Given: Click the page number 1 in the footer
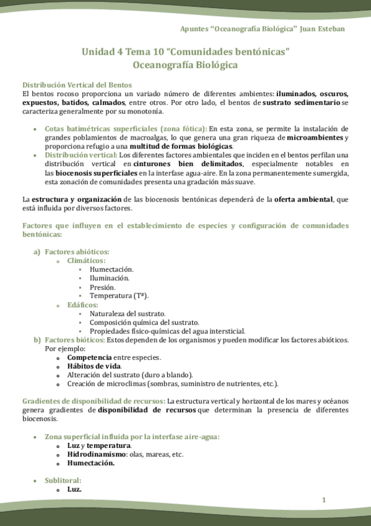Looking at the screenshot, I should tap(323, 499).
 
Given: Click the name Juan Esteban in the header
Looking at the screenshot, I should tap(322, 29).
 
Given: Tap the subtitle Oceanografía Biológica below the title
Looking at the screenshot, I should tap(185, 65).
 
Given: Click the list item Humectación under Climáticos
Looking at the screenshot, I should tap(111, 270).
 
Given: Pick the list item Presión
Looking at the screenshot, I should tap(102, 287).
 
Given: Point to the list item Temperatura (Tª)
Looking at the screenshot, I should tap(119, 296).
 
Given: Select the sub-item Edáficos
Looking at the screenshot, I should tap(82, 305).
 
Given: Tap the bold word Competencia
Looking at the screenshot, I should tap(89, 357).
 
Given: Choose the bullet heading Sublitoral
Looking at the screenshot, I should tap(63, 481).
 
